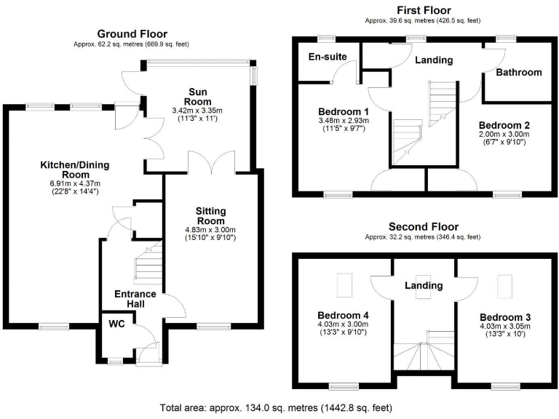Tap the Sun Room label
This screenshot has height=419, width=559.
point(199,96)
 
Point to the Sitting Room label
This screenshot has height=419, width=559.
point(210,215)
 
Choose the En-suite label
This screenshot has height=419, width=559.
point(327,57)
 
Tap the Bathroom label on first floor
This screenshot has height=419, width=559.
point(518,72)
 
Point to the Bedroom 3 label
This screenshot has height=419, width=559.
point(505,318)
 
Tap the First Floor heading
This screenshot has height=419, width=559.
point(421,9)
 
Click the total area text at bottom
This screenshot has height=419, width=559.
point(279,408)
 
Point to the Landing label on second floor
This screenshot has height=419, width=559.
point(424,286)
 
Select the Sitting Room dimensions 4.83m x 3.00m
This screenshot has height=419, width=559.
point(210,230)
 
